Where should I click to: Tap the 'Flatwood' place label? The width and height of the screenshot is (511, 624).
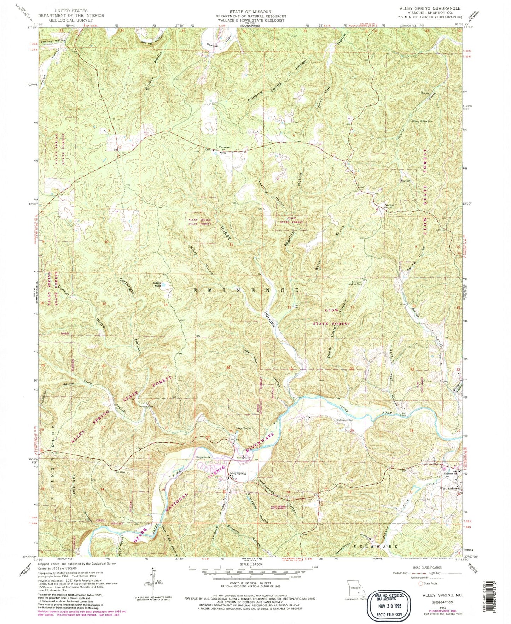tap(224, 147)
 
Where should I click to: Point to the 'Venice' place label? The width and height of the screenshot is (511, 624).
tap(389, 205)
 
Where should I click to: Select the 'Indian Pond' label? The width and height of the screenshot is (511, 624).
tap(157, 284)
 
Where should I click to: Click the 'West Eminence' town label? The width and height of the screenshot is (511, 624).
tap(449, 489)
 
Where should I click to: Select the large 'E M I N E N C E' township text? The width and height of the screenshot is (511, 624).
tap(247, 290)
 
